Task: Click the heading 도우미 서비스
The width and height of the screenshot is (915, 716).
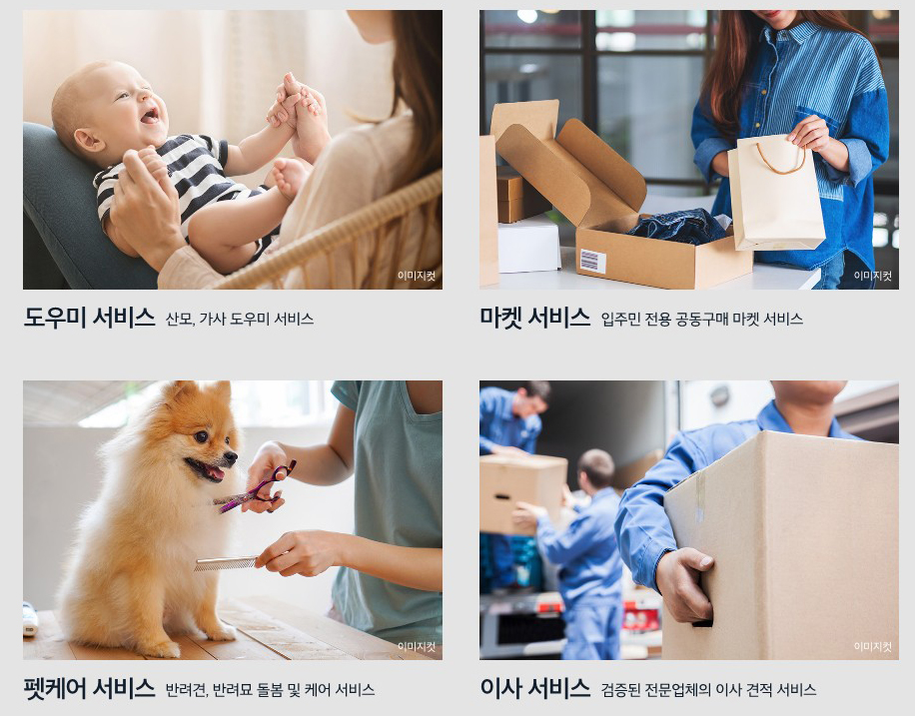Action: (x=89, y=317)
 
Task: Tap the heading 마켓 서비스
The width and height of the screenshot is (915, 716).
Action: (x=535, y=317)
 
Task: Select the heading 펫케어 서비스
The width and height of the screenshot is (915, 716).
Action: (x=89, y=689)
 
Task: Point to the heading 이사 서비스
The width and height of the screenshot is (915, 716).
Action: (x=535, y=689)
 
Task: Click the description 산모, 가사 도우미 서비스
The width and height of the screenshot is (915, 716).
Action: (x=240, y=319)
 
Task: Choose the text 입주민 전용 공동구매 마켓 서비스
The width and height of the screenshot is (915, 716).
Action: (x=702, y=319)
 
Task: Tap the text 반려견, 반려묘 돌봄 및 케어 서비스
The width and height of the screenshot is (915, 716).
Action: (x=270, y=690)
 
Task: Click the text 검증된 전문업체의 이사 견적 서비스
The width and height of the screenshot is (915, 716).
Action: (x=708, y=690)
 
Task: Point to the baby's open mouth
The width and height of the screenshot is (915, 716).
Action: (x=150, y=115)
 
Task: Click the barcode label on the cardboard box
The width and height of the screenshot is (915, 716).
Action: (x=592, y=261)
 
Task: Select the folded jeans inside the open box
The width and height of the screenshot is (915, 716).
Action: (x=677, y=227)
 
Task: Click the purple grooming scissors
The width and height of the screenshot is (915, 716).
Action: (x=257, y=488)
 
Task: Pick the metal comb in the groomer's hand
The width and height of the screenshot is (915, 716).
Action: (x=225, y=563)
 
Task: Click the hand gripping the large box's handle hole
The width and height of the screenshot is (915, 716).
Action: (x=684, y=584)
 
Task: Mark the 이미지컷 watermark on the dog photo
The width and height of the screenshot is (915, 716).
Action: (x=417, y=646)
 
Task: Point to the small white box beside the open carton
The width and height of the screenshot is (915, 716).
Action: (x=528, y=245)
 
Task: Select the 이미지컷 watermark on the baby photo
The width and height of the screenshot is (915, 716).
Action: (x=417, y=276)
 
